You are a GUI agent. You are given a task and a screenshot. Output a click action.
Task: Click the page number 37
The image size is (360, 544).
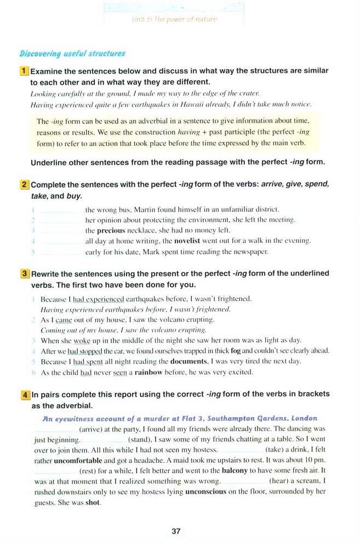pyautogui.click(x=176, y=531)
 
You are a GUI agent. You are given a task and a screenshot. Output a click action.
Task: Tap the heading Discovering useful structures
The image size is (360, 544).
pyautogui.click(x=72, y=54)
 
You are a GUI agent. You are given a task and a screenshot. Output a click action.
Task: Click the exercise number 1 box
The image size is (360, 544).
pyautogui.click(x=25, y=71)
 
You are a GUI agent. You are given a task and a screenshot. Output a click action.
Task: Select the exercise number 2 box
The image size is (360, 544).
pyautogui.click(x=25, y=185)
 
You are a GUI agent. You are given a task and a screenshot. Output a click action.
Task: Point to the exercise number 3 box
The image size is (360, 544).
pyautogui.click(x=25, y=273)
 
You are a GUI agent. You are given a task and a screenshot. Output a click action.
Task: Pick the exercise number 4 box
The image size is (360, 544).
pyautogui.click(x=25, y=394)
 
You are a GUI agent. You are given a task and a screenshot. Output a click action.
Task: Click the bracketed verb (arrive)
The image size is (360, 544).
pyautogui.click(x=92, y=428)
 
